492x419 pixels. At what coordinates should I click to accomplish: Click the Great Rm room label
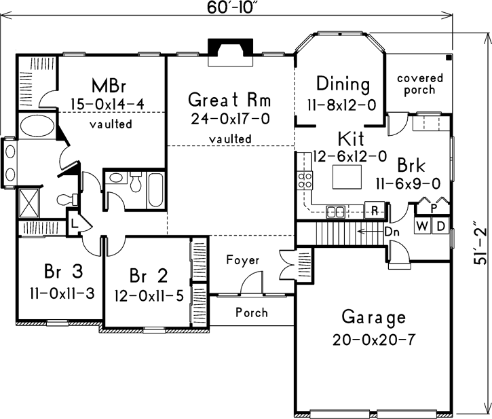click(x=229, y=101)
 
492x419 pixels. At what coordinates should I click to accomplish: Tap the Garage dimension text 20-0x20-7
click(x=373, y=340)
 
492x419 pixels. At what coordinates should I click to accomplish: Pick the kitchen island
click(x=347, y=179)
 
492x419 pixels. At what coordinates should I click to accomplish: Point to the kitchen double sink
click(x=336, y=211)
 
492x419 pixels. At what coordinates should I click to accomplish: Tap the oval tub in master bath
click(x=31, y=126)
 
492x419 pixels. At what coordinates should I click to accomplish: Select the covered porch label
click(x=419, y=84)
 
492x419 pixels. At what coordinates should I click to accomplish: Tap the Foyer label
click(x=243, y=260)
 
